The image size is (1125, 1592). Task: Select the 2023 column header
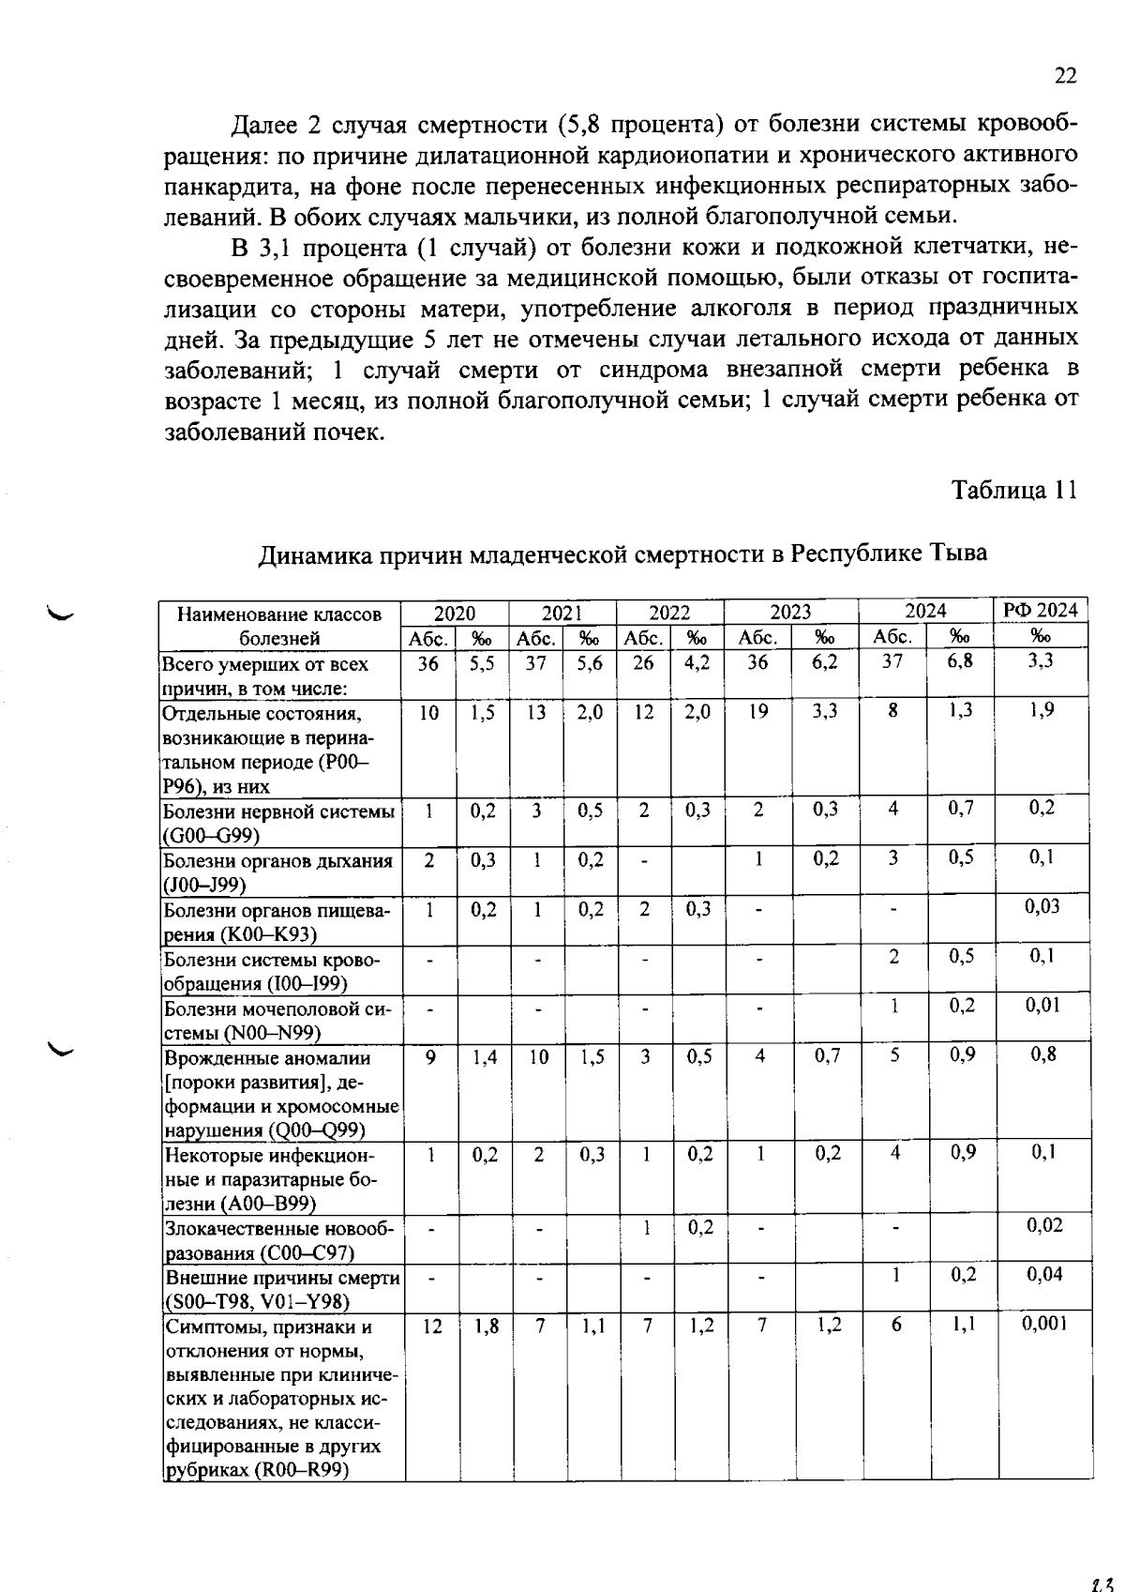tap(790, 612)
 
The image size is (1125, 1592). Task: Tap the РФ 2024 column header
tap(1041, 610)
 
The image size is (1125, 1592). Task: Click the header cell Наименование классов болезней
tap(279, 626)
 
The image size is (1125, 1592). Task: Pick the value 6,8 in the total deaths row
tap(960, 660)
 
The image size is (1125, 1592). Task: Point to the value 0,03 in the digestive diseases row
tap(1042, 906)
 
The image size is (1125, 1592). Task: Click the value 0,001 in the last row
tap(1042, 1324)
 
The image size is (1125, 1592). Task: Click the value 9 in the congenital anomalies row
tap(430, 1056)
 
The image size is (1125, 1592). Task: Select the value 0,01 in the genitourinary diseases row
tap(1043, 1005)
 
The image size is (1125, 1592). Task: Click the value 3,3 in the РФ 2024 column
tap(1041, 660)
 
